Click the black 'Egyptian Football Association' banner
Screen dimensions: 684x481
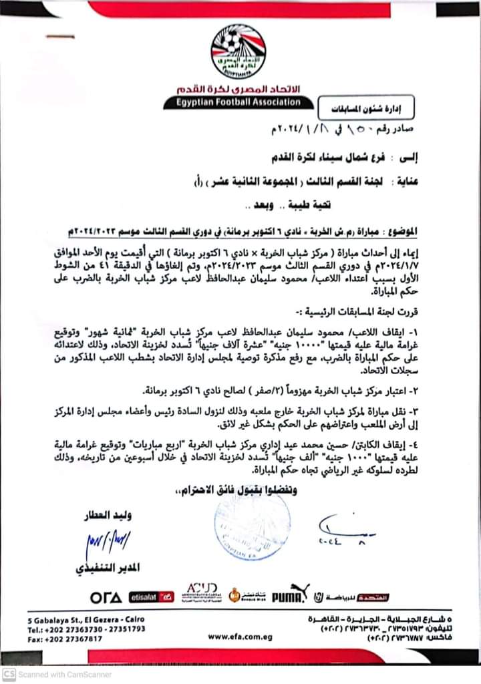(238, 103)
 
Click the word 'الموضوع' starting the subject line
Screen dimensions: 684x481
(399, 230)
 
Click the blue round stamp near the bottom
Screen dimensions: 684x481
(252, 525)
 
